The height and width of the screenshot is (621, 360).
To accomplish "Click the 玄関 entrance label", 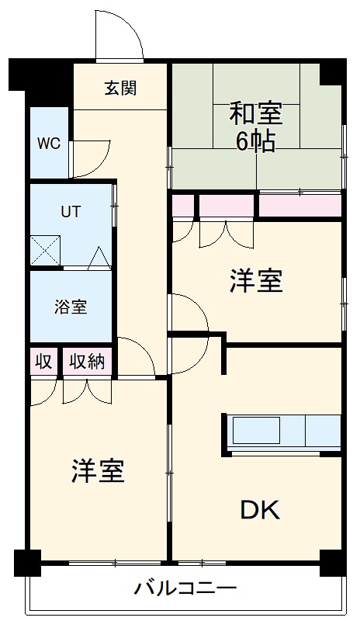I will pyautogui.click(x=121, y=88).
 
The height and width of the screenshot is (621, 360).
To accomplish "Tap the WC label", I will pyautogui.click(x=49, y=144).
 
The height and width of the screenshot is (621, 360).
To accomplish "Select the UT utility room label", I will pyautogui.click(x=71, y=210).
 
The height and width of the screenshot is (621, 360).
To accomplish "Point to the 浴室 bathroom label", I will pyautogui.click(x=71, y=307).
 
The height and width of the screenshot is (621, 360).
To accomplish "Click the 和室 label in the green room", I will pyautogui.click(x=255, y=116).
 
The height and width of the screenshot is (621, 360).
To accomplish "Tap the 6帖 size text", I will pyautogui.click(x=255, y=144).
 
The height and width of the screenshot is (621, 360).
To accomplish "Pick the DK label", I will pyautogui.click(x=259, y=510).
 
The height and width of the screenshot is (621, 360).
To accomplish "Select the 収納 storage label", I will pyautogui.click(x=87, y=361).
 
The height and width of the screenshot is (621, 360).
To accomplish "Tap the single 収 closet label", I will pyautogui.click(x=44, y=361).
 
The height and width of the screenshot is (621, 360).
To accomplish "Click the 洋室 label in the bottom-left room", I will pyautogui.click(x=99, y=470).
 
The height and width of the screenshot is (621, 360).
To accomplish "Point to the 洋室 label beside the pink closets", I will pyautogui.click(x=255, y=282).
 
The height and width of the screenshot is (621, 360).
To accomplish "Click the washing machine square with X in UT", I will pyautogui.click(x=43, y=250).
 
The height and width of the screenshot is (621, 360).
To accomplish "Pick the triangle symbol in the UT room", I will pyautogui.click(x=99, y=259).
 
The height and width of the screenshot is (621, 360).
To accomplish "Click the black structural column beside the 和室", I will pyautogui.click(x=333, y=71).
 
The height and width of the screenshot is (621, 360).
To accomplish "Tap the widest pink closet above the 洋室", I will pyautogui.click(x=300, y=206).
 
